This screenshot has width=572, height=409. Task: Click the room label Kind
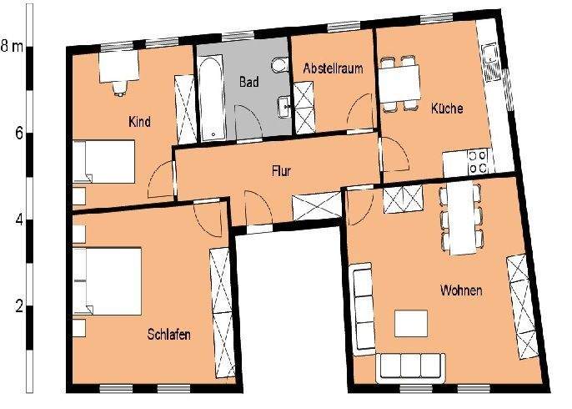pos(139,123)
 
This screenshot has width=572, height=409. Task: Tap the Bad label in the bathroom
pos(248,82)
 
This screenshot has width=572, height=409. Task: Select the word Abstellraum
pos(333,68)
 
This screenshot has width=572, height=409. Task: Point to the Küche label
pos(447,109)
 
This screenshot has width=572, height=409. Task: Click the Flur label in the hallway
pos(281,171)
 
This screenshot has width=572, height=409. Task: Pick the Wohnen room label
pos(461,290)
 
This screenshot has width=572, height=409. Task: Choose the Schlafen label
pos(169,334)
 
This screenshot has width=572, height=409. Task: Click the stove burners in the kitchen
pos(477,161)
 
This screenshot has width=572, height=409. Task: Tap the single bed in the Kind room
pos(103,161)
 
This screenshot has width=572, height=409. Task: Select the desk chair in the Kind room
pos(119,85)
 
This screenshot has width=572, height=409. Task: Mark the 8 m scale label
pos(12,46)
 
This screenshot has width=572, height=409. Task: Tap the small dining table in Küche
pos(399,82)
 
